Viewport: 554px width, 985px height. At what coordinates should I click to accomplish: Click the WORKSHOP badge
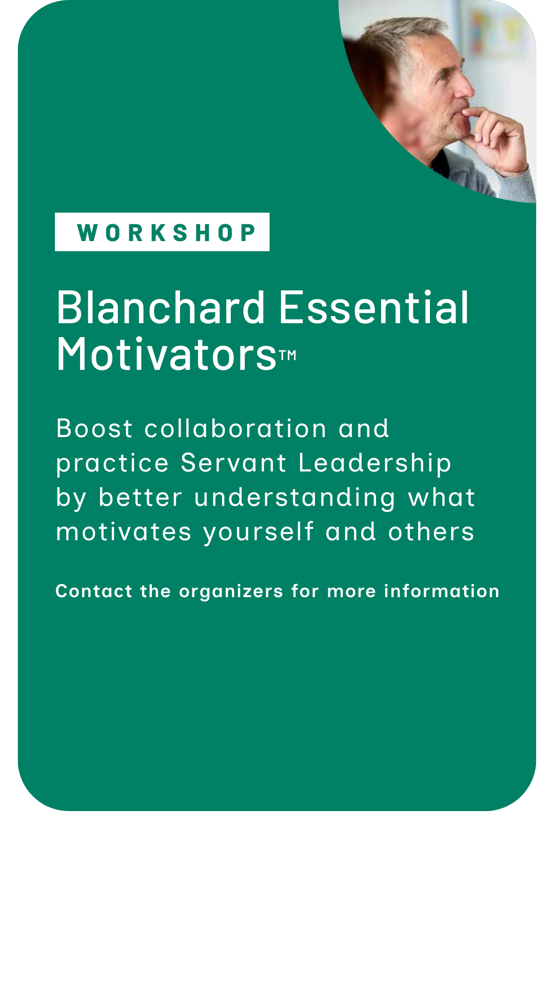[x=162, y=232]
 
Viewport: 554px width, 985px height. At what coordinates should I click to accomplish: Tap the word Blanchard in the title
[x=161, y=308]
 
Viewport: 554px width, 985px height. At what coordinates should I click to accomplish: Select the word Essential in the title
[x=374, y=308]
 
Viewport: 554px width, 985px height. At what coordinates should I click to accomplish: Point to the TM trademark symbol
[x=288, y=355]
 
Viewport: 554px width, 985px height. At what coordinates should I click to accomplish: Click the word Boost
[x=94, y=428]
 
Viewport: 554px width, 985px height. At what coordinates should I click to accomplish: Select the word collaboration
[x=235, y=428]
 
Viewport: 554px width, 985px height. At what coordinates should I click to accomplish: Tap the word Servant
[x=233, y=463]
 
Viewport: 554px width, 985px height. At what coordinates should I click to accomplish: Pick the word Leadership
[x=375, y=464]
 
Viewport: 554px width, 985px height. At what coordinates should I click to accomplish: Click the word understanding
[x=295, y=498]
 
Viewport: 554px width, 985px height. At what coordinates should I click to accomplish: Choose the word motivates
[x=124, y=532]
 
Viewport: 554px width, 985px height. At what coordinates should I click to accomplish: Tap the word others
[x=431, y=532]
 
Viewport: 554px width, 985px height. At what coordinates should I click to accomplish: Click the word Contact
[x=94, y=591]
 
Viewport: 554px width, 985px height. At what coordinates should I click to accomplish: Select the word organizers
[x=231, y=592]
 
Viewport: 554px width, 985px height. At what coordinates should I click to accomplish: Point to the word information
[x=442, y=591]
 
